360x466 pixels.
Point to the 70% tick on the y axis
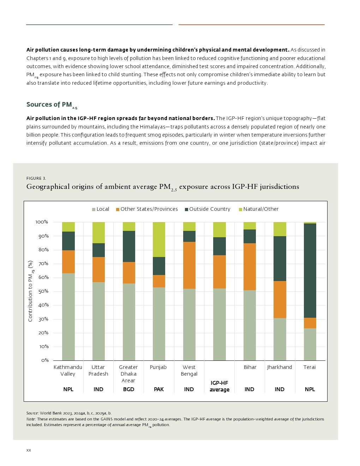42,264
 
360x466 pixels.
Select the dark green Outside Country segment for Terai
310,270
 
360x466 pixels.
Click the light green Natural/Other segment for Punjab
159,239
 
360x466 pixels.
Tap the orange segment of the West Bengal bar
189,265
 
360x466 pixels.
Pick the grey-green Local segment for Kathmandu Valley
68,317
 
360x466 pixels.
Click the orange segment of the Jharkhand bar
280,299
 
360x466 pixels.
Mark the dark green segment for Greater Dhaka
129,246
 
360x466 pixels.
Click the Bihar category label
250,367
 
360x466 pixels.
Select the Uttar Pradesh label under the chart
98,370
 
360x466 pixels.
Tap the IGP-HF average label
220,386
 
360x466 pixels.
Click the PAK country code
159,389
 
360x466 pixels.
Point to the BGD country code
128,389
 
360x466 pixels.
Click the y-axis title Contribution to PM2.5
30,291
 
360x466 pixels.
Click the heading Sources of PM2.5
52,105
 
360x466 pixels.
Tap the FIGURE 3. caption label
36,178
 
